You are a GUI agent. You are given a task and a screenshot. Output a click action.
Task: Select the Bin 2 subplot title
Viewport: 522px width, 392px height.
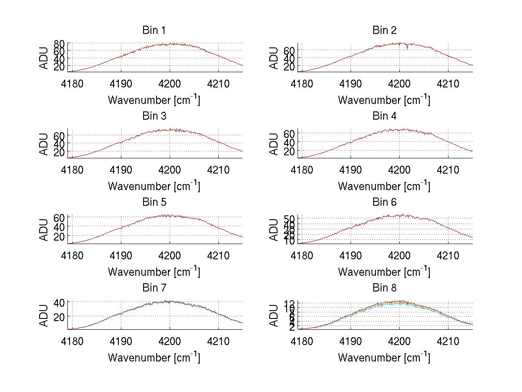[385, 30]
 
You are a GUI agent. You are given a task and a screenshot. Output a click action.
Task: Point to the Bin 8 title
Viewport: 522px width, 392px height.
[385, 288]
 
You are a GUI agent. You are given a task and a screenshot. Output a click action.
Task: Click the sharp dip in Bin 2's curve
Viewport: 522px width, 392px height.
[407, 48]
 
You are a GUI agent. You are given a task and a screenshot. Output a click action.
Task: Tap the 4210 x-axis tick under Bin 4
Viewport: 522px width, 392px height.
[448, 169]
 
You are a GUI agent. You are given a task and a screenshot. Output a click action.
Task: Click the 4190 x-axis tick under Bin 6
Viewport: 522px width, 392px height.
[351, 255]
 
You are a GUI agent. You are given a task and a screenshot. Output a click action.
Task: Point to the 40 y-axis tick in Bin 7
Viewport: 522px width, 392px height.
[59, 302]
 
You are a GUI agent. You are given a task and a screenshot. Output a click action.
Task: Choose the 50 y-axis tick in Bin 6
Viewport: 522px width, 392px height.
[289, 218]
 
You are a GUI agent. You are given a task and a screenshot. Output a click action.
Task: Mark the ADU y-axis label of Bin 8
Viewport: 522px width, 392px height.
[274, 315]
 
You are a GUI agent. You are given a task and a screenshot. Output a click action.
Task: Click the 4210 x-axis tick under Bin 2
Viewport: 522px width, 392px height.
[448, 84]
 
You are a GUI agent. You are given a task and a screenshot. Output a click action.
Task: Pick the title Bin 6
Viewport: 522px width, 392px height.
[385, 202]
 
